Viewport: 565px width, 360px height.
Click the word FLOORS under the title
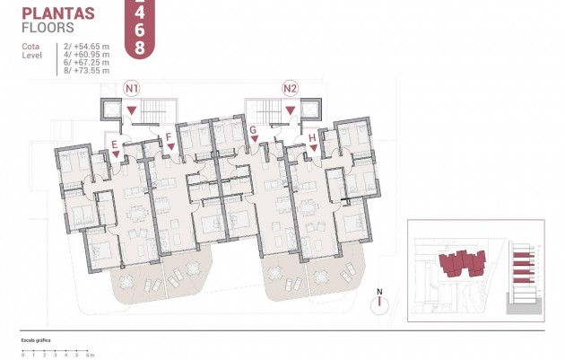tap(48, 27)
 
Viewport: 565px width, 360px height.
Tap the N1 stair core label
tap(132, 88)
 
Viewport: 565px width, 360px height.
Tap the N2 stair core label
tap(290, 88)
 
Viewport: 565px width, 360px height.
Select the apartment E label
tap(114, 144)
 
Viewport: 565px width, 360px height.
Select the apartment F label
tap(169, 137)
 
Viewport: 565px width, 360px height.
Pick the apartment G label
tap(254, 130)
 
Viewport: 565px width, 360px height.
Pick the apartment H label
tap(312, 137)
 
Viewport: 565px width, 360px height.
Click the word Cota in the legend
tap(30, 46)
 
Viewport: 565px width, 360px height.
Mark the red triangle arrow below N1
tap(132, 110)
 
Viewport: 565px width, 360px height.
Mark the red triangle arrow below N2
tap(290, 110)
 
